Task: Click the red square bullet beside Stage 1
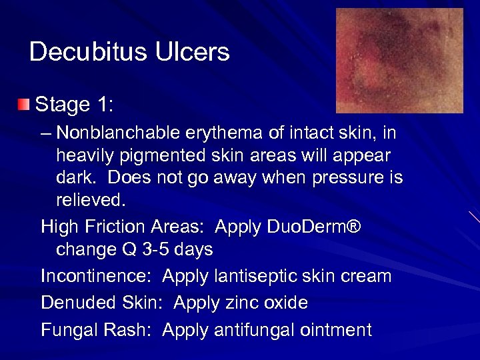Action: (24, 105)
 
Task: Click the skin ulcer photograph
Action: (399, 61)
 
